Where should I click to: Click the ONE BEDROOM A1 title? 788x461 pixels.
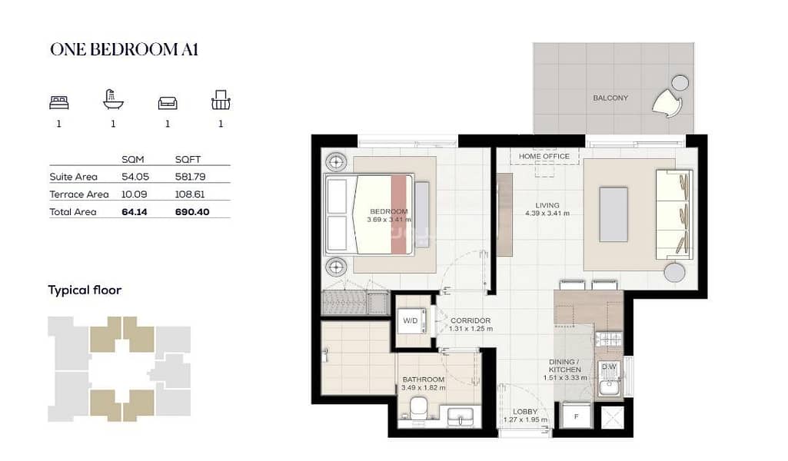124,50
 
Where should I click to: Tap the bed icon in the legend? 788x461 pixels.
58,102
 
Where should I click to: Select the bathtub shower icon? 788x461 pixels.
113,99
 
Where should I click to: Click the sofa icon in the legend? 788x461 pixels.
168,102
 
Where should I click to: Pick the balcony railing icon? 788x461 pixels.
221,100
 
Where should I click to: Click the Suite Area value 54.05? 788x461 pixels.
135,177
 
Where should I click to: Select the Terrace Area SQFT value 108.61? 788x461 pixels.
190,194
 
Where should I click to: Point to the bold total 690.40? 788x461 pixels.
192,212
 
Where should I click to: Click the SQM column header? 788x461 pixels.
133,159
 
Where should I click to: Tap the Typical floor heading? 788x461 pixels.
85,290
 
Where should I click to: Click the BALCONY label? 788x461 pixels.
610,98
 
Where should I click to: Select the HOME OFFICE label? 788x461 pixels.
544,156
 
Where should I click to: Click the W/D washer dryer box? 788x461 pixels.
414,321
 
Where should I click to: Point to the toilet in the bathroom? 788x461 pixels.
417,410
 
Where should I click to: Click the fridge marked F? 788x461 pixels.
577,416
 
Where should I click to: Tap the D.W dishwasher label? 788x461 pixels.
609,366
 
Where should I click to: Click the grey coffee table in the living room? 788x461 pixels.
613,215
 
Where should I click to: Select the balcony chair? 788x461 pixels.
667,104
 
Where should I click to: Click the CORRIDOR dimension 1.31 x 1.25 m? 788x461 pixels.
471,328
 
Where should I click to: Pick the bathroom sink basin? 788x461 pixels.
460,416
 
